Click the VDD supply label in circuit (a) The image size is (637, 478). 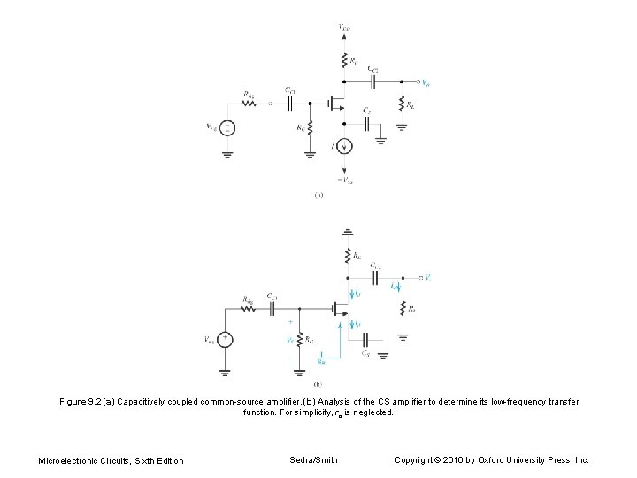click(344, 28)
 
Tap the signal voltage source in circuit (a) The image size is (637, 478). click(227, 128)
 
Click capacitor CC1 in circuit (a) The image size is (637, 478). click(290, 103)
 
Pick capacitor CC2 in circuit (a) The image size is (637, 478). click(373, 81)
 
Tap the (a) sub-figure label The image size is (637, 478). click(318, 196)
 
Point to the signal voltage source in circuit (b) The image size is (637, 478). click(226, 339)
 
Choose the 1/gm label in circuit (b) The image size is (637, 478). click(321, 359)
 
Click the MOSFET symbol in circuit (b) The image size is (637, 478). click(339, 309)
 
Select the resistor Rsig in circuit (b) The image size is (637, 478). click(249, 309)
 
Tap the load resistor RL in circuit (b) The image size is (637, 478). click(403, 309)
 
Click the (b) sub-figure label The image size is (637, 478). click(318, 384)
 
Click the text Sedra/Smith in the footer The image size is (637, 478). click(314, 459)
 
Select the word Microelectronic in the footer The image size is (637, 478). click(67, 460)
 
